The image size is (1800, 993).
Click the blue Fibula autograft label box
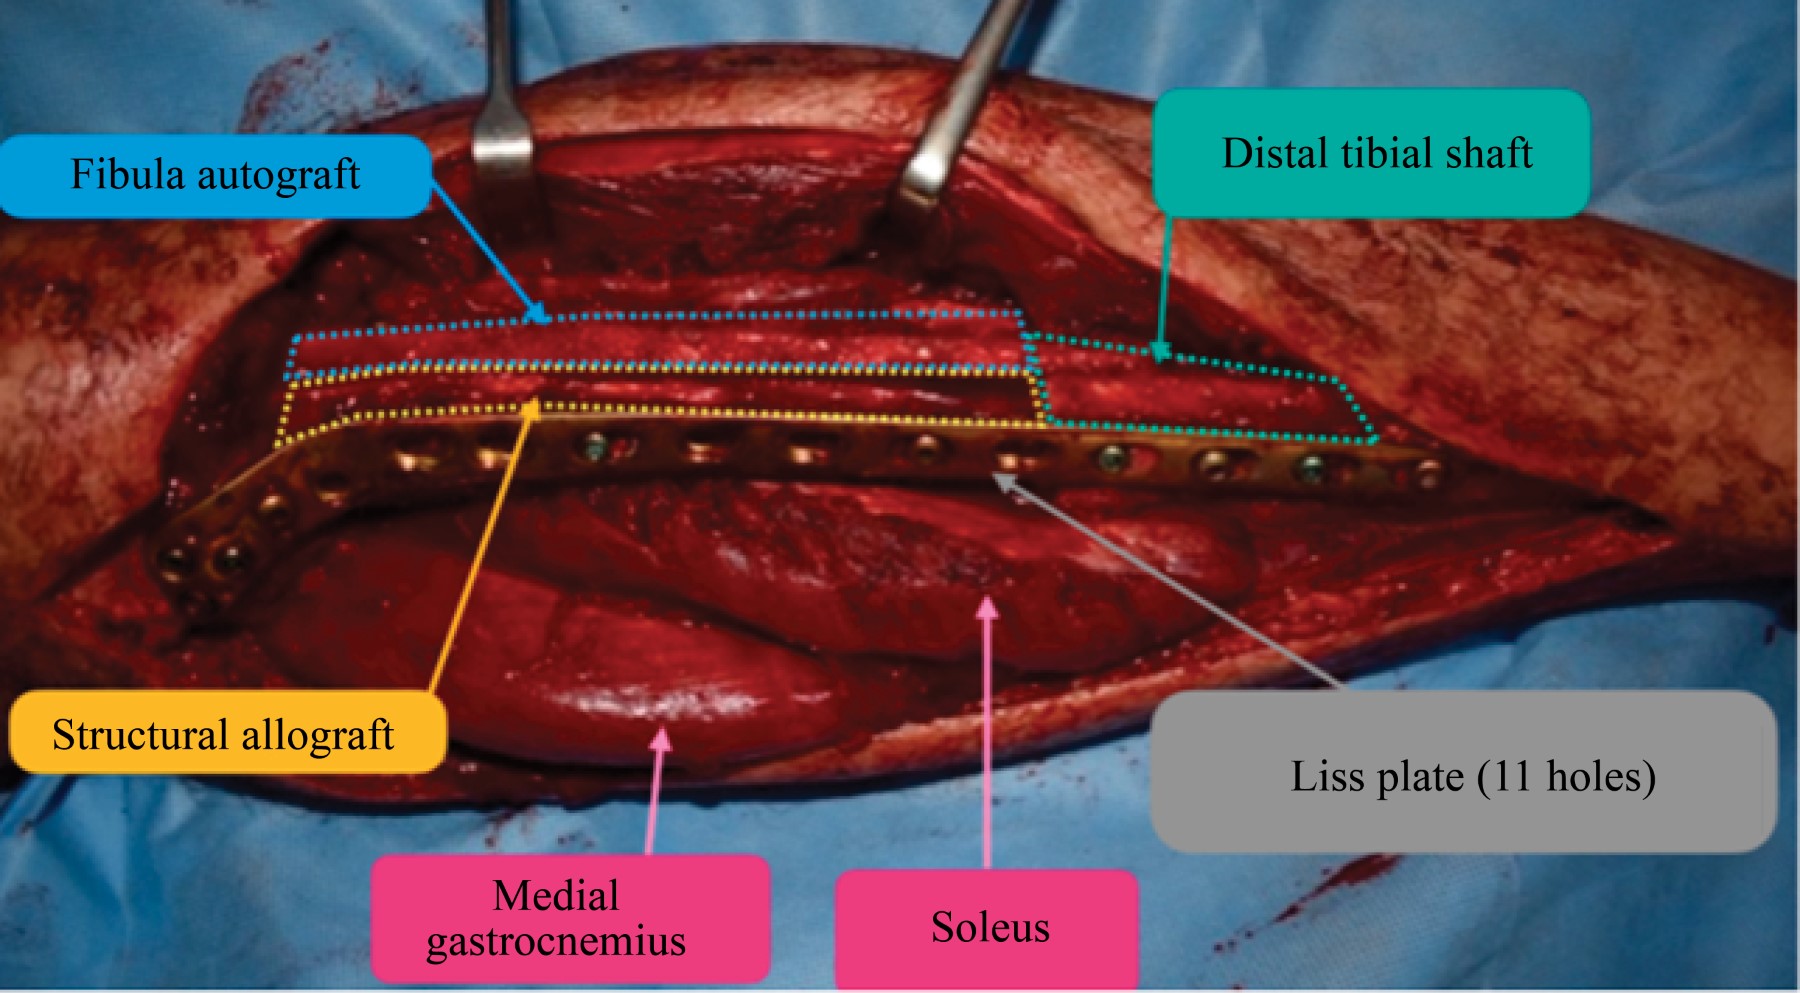pos(215,176)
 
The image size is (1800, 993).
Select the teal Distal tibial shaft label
pos(1371,153)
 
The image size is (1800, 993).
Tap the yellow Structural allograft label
pos(226,733)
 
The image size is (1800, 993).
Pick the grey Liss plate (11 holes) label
pos(1462,772)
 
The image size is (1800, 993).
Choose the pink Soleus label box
pos(987,926)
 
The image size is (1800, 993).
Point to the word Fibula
pos(127,175)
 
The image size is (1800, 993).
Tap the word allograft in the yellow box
pos(317,735)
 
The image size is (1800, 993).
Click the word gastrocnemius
pos(556,942)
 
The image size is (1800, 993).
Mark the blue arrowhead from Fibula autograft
pos(540,315)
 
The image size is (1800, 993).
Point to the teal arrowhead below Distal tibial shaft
pos(1160,351)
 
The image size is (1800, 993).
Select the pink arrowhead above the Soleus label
pos(987,607)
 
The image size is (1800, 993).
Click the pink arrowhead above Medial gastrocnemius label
pos(661,738)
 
